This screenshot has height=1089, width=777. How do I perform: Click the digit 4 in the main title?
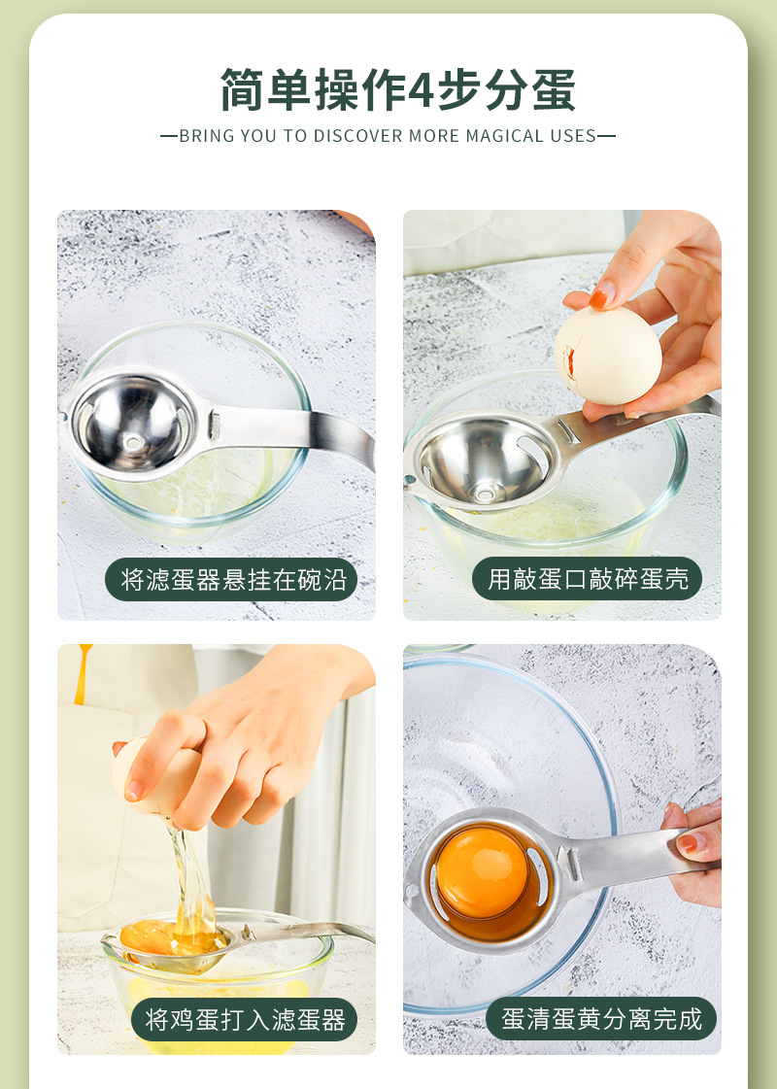pos(421,90)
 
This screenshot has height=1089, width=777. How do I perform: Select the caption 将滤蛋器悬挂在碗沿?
pos(232,580)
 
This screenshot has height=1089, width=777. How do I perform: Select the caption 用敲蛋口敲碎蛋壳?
pos(588,580)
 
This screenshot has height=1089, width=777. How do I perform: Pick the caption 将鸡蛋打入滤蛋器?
pos(245,1019)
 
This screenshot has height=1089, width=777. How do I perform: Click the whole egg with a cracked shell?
pos(607,355)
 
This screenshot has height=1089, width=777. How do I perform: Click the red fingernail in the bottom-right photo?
pos(689,842)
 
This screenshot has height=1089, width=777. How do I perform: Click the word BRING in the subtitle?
pos(203,136)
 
